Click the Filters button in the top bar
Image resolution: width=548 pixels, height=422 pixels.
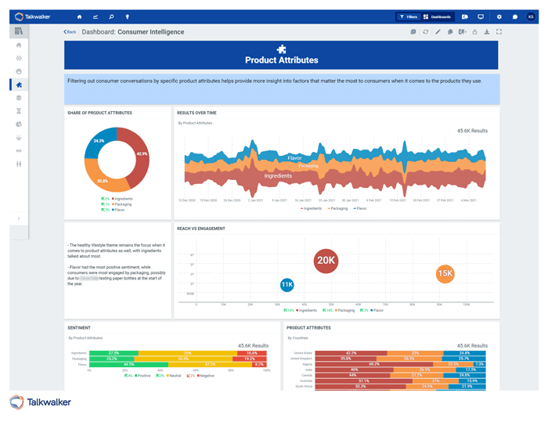(407, 16)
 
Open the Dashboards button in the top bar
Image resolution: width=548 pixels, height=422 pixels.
(438, 16)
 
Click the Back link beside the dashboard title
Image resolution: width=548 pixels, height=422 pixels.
(70, 32)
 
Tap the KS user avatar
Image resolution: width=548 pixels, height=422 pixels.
(531, 16)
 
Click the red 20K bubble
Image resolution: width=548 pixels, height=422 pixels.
(325, 261)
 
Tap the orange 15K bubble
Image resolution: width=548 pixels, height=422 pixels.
(445, 273)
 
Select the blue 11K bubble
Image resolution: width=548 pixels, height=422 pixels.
(287, 285)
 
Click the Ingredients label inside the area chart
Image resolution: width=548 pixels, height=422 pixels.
(278, 176)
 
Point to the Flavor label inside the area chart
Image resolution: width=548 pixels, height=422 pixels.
(294, 158)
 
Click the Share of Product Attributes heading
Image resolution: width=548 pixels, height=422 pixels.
(100, 113)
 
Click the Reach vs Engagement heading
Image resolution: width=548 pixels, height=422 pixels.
(201, 229)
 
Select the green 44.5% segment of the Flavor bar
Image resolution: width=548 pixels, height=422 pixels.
(128, 364)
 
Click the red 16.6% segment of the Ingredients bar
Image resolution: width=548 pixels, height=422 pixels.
(251, 353)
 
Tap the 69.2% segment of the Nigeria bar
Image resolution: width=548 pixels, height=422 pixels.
(374, 364)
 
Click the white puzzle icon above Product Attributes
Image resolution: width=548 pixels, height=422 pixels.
(282, 49)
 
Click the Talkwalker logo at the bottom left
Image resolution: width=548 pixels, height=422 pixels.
(41, 402)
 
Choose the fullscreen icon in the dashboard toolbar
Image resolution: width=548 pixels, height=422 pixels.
(499, 32)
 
